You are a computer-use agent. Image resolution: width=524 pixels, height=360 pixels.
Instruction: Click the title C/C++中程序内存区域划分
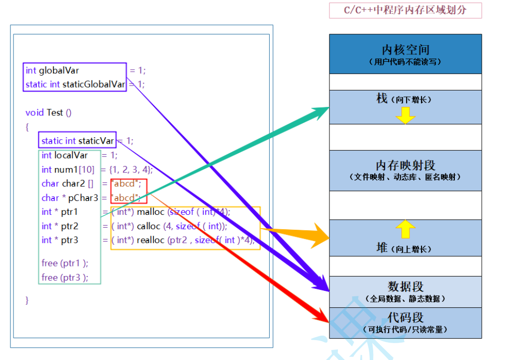(x=405, y=10)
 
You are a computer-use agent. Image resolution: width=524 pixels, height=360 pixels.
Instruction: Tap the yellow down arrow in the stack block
(x=405, y=116)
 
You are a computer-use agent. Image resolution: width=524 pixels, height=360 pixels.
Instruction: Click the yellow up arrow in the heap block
(x=405, y=230)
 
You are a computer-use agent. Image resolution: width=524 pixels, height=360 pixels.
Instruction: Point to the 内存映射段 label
(x=405, y=166)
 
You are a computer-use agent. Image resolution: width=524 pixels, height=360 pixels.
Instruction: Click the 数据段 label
(x=405, y=287)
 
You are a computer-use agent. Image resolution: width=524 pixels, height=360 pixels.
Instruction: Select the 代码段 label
(x=405, y=317)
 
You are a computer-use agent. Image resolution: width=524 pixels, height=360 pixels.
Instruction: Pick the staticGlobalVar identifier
(x=94, y=85)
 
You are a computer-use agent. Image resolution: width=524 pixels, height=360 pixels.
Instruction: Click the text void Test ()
(x=49, y=113)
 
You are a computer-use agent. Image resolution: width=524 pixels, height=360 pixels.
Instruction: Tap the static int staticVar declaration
(x=78, y=141)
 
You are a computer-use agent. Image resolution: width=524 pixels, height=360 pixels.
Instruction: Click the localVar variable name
(x=71, y=155)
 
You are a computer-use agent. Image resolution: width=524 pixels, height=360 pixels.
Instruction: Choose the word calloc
(x=149, y=226)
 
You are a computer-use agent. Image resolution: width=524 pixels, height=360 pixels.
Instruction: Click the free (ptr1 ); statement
(x=65, y=263)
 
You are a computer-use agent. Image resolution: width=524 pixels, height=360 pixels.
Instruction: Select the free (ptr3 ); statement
(x=65, y=277)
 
